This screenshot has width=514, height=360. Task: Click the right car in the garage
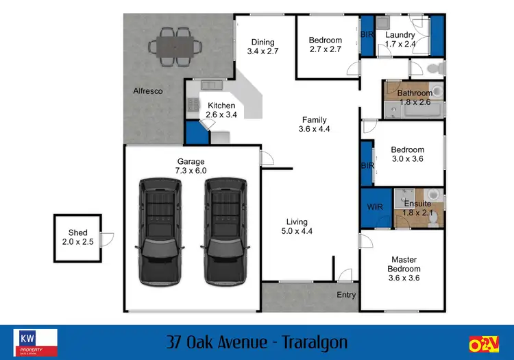click(225, 231)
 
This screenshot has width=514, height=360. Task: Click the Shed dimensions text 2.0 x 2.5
click(77, 241)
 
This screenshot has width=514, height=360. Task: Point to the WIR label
click(374, 206)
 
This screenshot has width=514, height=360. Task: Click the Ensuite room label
click(417, 204)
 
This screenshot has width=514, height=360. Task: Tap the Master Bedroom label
click(404, 264)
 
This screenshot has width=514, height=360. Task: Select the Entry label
click(346, 295)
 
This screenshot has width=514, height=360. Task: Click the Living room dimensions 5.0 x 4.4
click(297, 231)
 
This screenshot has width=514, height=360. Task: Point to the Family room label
click(315, 120)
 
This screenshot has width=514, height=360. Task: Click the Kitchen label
click(221, 106)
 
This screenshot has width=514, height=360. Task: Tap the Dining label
click(262, 40)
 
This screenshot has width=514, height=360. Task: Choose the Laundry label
click(400, 35)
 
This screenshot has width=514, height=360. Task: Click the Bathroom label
click(415, 93)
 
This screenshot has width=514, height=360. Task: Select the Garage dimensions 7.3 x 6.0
click(191, 171)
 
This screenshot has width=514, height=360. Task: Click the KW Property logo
click(36, 341)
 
